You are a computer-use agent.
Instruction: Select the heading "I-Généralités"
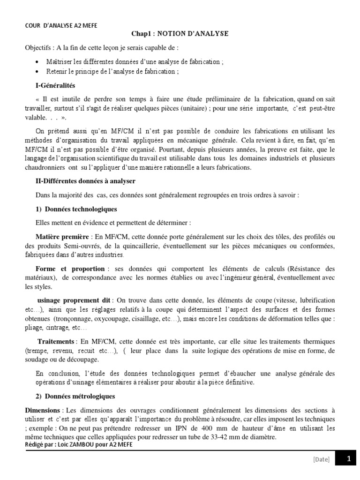[55, 86]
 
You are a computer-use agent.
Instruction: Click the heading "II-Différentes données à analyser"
[86, 181]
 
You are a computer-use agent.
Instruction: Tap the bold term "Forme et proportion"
[70, 269]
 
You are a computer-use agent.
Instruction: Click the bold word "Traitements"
[56, 342]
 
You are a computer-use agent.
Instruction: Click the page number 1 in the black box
[348, 459]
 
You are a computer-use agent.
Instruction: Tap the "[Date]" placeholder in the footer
[321, 460]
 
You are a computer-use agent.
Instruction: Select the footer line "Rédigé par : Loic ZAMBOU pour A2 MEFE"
[79, 444]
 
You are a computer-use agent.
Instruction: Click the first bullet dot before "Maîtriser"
[37, 62]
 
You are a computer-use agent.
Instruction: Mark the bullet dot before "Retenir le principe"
[37, 72]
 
